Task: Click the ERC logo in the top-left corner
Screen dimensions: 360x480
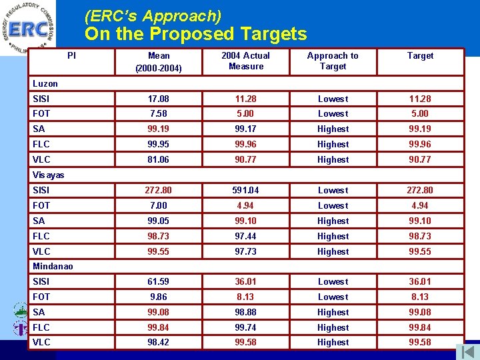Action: click(28, 27)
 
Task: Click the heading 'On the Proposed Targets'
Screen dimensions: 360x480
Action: click(195, 34)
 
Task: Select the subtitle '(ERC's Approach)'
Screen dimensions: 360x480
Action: click(153, 15)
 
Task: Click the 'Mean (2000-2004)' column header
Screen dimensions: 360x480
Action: click(159, 61)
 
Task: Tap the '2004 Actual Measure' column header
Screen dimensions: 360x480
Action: click(246, 61)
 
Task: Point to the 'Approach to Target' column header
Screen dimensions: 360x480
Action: click(333, 61)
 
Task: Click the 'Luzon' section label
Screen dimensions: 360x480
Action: click(45, 83)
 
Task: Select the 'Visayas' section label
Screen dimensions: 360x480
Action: click(49, 175)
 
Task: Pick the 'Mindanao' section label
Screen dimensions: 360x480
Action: click(53, 266)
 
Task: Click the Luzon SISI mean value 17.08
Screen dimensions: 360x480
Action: click(159, 99)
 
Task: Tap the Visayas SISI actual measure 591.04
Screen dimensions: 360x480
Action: click(246, 190)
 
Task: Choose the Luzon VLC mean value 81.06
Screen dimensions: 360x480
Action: click(159, 159)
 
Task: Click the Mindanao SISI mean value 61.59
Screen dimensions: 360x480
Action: click(159, 281)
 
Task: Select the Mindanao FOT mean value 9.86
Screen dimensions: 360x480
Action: click(159, 297)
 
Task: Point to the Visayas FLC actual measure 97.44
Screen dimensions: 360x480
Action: click(246, 236)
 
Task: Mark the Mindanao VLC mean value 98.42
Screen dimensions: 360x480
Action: click(159, 342)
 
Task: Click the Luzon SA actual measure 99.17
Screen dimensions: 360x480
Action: click(246, 129)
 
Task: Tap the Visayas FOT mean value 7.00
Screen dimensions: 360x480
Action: click(159, 205)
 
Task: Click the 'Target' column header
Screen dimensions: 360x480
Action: click(420, 56)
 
